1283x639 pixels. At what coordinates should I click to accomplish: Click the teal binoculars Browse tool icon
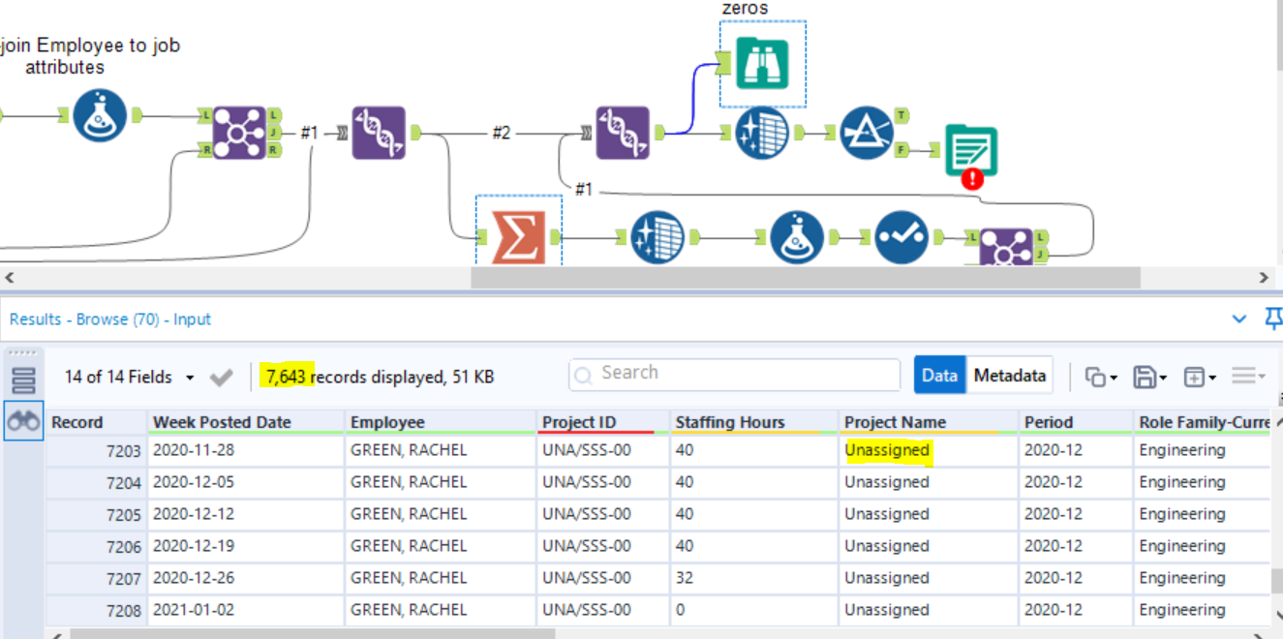762,64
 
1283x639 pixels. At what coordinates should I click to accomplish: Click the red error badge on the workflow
972,178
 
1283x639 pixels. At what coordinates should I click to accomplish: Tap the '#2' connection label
501,133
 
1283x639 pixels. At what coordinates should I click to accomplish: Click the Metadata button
1010,376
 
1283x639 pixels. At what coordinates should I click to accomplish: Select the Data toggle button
939,376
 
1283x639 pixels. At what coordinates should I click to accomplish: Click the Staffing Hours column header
730,422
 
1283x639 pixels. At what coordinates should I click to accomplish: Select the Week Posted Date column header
222,422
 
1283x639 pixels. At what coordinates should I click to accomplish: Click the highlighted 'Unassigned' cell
887,450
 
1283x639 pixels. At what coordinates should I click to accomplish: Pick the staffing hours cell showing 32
685,578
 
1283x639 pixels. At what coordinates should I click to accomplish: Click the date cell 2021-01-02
194,610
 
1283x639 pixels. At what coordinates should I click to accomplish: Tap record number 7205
123,515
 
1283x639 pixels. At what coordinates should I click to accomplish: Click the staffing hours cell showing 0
681,610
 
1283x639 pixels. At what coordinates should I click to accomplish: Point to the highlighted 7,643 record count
287,377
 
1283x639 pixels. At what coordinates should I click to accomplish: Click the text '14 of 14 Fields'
118,377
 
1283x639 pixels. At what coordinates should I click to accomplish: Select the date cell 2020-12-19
194,546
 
